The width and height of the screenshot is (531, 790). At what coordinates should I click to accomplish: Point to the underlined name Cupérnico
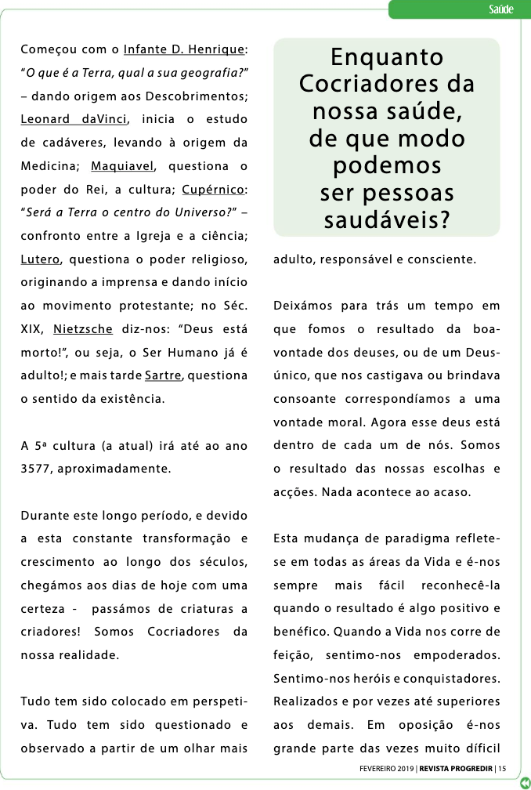click(214, 190)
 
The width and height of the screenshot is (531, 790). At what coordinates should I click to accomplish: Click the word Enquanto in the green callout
click(387, 57)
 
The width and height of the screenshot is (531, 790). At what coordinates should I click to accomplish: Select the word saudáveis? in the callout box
click(387, 220)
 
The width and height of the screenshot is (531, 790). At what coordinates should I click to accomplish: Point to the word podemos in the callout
click(387, 165)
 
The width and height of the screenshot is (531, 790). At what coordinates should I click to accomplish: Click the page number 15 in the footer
click(502, 768)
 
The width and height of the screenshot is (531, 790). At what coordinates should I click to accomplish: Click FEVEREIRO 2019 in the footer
click(382, 768)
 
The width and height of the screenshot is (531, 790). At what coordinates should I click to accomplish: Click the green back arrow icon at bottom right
click(523, 781)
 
